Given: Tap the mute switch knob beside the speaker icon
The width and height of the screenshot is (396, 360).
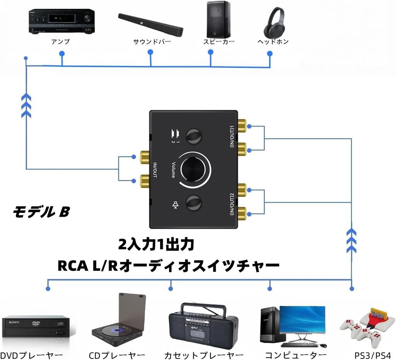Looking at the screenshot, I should pyautogui.click(x=193, y=202).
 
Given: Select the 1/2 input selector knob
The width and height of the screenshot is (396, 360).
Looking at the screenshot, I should pyautogui.click(x=193, y=136).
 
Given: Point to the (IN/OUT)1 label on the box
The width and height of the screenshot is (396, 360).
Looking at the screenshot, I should pyautogui.click(x=232, y=137).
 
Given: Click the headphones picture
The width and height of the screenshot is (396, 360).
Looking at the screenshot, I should pyautogui.click(x=274, y=22).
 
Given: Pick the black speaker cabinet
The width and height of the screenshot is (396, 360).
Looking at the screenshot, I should pyautogui.click(x=218, y=19).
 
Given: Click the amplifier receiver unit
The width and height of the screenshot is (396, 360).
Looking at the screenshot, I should pyautogui.click(x=61, y=21).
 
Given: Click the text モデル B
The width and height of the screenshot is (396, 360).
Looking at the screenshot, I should pyautogui.click(x=41, y=212).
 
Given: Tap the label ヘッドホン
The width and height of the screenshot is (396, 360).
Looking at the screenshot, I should pyautogui.click(x=273, y=42).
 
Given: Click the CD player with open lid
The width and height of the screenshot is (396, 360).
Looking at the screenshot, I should pyautogui.click(x=118, y=321).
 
